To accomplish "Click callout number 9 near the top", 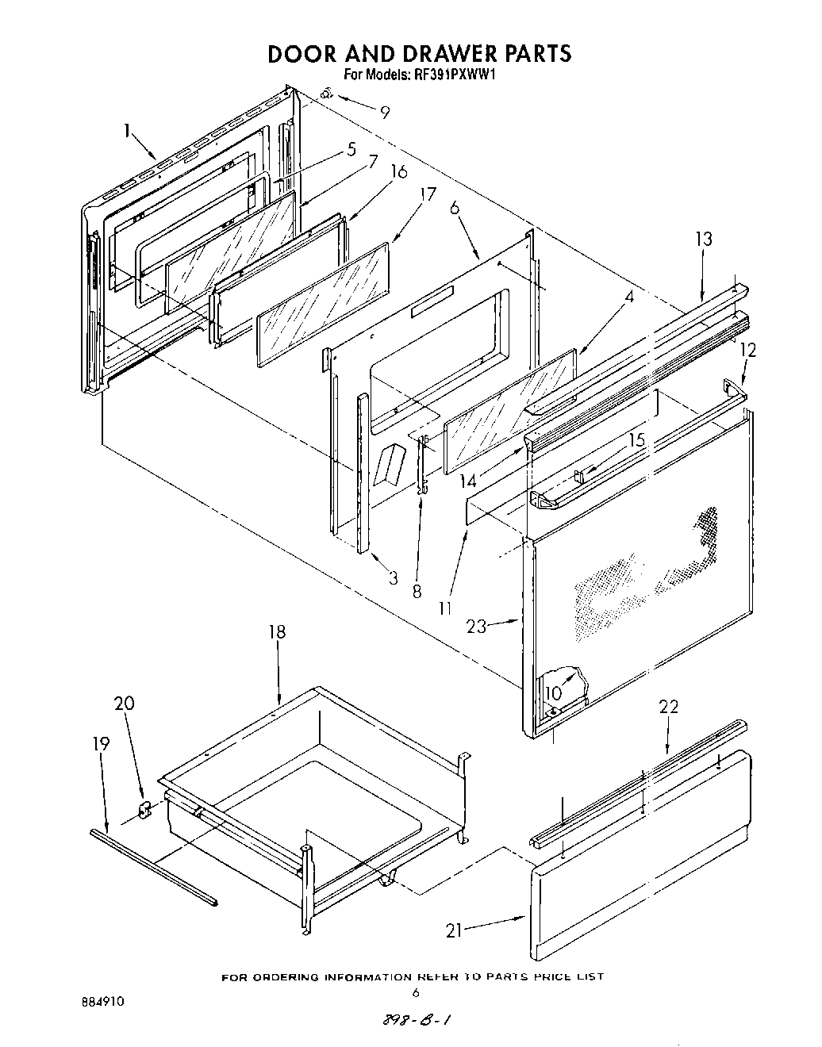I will click(385, 112).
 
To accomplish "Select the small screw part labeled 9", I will click(326, 95).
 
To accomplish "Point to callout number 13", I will click(704, 239).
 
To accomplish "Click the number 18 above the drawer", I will click(277, 632).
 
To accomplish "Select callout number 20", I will click(125, 703).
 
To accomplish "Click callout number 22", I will click(669, 706).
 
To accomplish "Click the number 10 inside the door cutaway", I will click(553, 692).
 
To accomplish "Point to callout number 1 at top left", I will click(126, 130).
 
